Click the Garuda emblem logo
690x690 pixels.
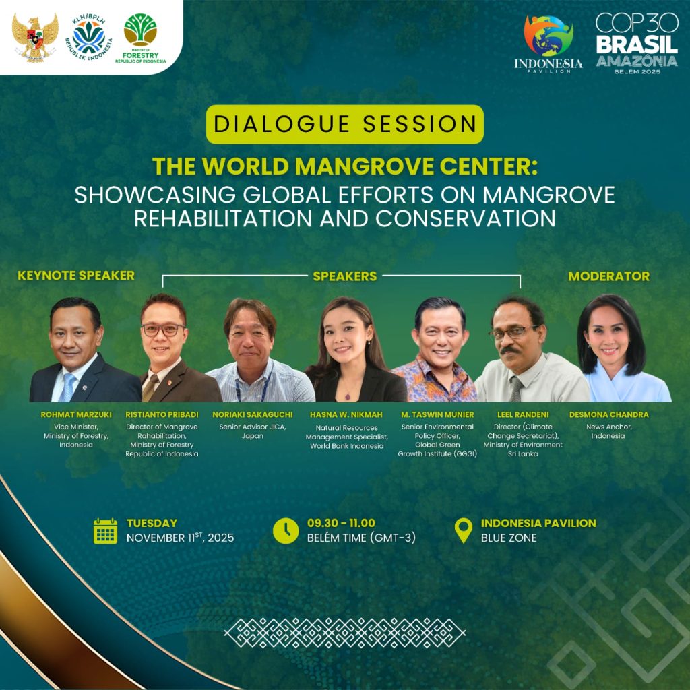click(35, 38)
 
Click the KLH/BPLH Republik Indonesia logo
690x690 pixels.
click(90, 36)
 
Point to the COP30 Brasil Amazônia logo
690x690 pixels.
click(637, 43)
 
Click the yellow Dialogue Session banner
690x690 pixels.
click(344, 124)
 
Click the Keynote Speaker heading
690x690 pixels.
click(76, 276)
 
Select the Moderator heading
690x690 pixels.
click(608, 276)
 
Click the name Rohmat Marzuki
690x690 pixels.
click(76, 414)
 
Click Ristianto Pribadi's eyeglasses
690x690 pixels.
click(163, 330)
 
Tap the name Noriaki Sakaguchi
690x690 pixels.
click(253, 414)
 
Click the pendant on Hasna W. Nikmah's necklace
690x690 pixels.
click(348, 396)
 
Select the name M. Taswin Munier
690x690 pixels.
click(437, 414)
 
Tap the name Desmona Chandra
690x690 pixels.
click(608, 414)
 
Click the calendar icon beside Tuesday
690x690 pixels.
click(106, 531)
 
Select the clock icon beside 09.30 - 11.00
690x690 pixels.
click(286, 531)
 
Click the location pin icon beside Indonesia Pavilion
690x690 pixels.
click(464, 530)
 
